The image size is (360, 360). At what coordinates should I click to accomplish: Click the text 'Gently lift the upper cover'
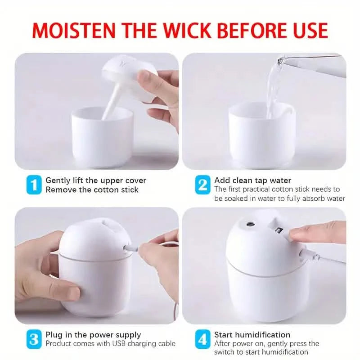(96, 180)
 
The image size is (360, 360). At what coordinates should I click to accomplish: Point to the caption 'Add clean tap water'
(252, 180)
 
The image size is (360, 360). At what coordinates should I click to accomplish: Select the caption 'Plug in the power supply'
(93, 335)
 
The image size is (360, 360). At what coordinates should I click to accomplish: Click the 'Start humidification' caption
(252, 335)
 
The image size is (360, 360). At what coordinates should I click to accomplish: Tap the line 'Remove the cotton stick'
(92, 190)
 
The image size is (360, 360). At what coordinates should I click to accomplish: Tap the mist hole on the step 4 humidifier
(249, 223)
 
